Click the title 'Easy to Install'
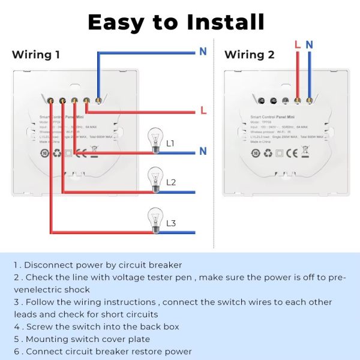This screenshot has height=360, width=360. click(176, 22)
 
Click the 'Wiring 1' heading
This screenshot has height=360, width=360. click(36, 55)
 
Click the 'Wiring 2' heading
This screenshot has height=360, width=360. click(249, 55)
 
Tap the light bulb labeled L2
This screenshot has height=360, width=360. click(155, 176)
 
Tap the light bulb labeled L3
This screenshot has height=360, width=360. click(155, 217)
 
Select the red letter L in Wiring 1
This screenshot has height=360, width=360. click(203, 111)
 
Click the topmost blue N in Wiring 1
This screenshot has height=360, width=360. click(203, 52)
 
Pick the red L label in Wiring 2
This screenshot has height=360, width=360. click(297, 44)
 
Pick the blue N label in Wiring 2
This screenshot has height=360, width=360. click(309, 44)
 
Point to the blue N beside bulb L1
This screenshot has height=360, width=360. click(203, 151)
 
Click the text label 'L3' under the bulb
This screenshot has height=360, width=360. click(171, 224)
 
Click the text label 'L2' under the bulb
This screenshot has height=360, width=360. click(171, 182)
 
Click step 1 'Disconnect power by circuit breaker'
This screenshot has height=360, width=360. click(98, 265)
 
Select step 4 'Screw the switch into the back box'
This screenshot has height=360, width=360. click(96, 327)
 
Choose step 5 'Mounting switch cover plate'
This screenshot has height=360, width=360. click(81, 339)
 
